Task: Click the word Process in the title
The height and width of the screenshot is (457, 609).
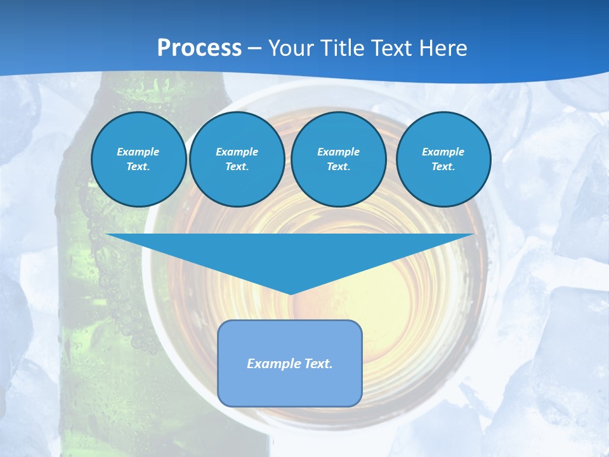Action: [x=199, y=48]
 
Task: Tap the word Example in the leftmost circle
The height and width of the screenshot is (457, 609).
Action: [x=138, y=152]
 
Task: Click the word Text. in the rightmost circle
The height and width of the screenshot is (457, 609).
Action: [x=443, y=166]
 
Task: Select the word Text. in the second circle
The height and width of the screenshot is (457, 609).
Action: [x=237, y=166]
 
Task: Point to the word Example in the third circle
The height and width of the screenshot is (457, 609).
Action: [x=338, y=152]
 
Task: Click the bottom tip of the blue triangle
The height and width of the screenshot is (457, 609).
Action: [x=291, y=293]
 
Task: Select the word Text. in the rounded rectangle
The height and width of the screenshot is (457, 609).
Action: [x=319, y=364]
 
